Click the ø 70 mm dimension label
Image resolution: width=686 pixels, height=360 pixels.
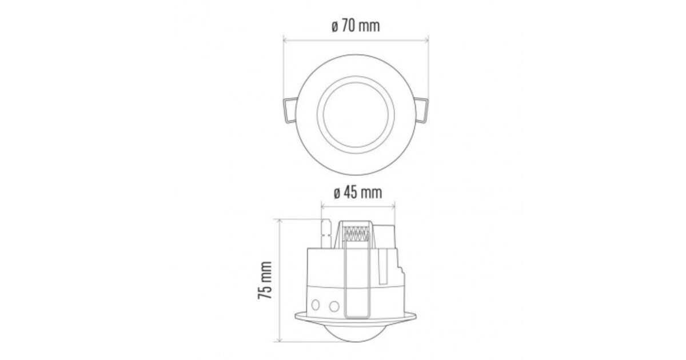356,26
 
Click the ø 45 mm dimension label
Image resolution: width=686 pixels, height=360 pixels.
358,193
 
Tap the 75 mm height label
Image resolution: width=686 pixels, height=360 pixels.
265,280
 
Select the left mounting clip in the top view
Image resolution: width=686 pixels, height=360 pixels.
290,110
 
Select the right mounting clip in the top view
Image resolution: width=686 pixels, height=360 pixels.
421,110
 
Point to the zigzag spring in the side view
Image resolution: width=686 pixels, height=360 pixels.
356,234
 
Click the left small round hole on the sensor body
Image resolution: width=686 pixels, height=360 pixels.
316,305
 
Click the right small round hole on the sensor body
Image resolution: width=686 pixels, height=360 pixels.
334,306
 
